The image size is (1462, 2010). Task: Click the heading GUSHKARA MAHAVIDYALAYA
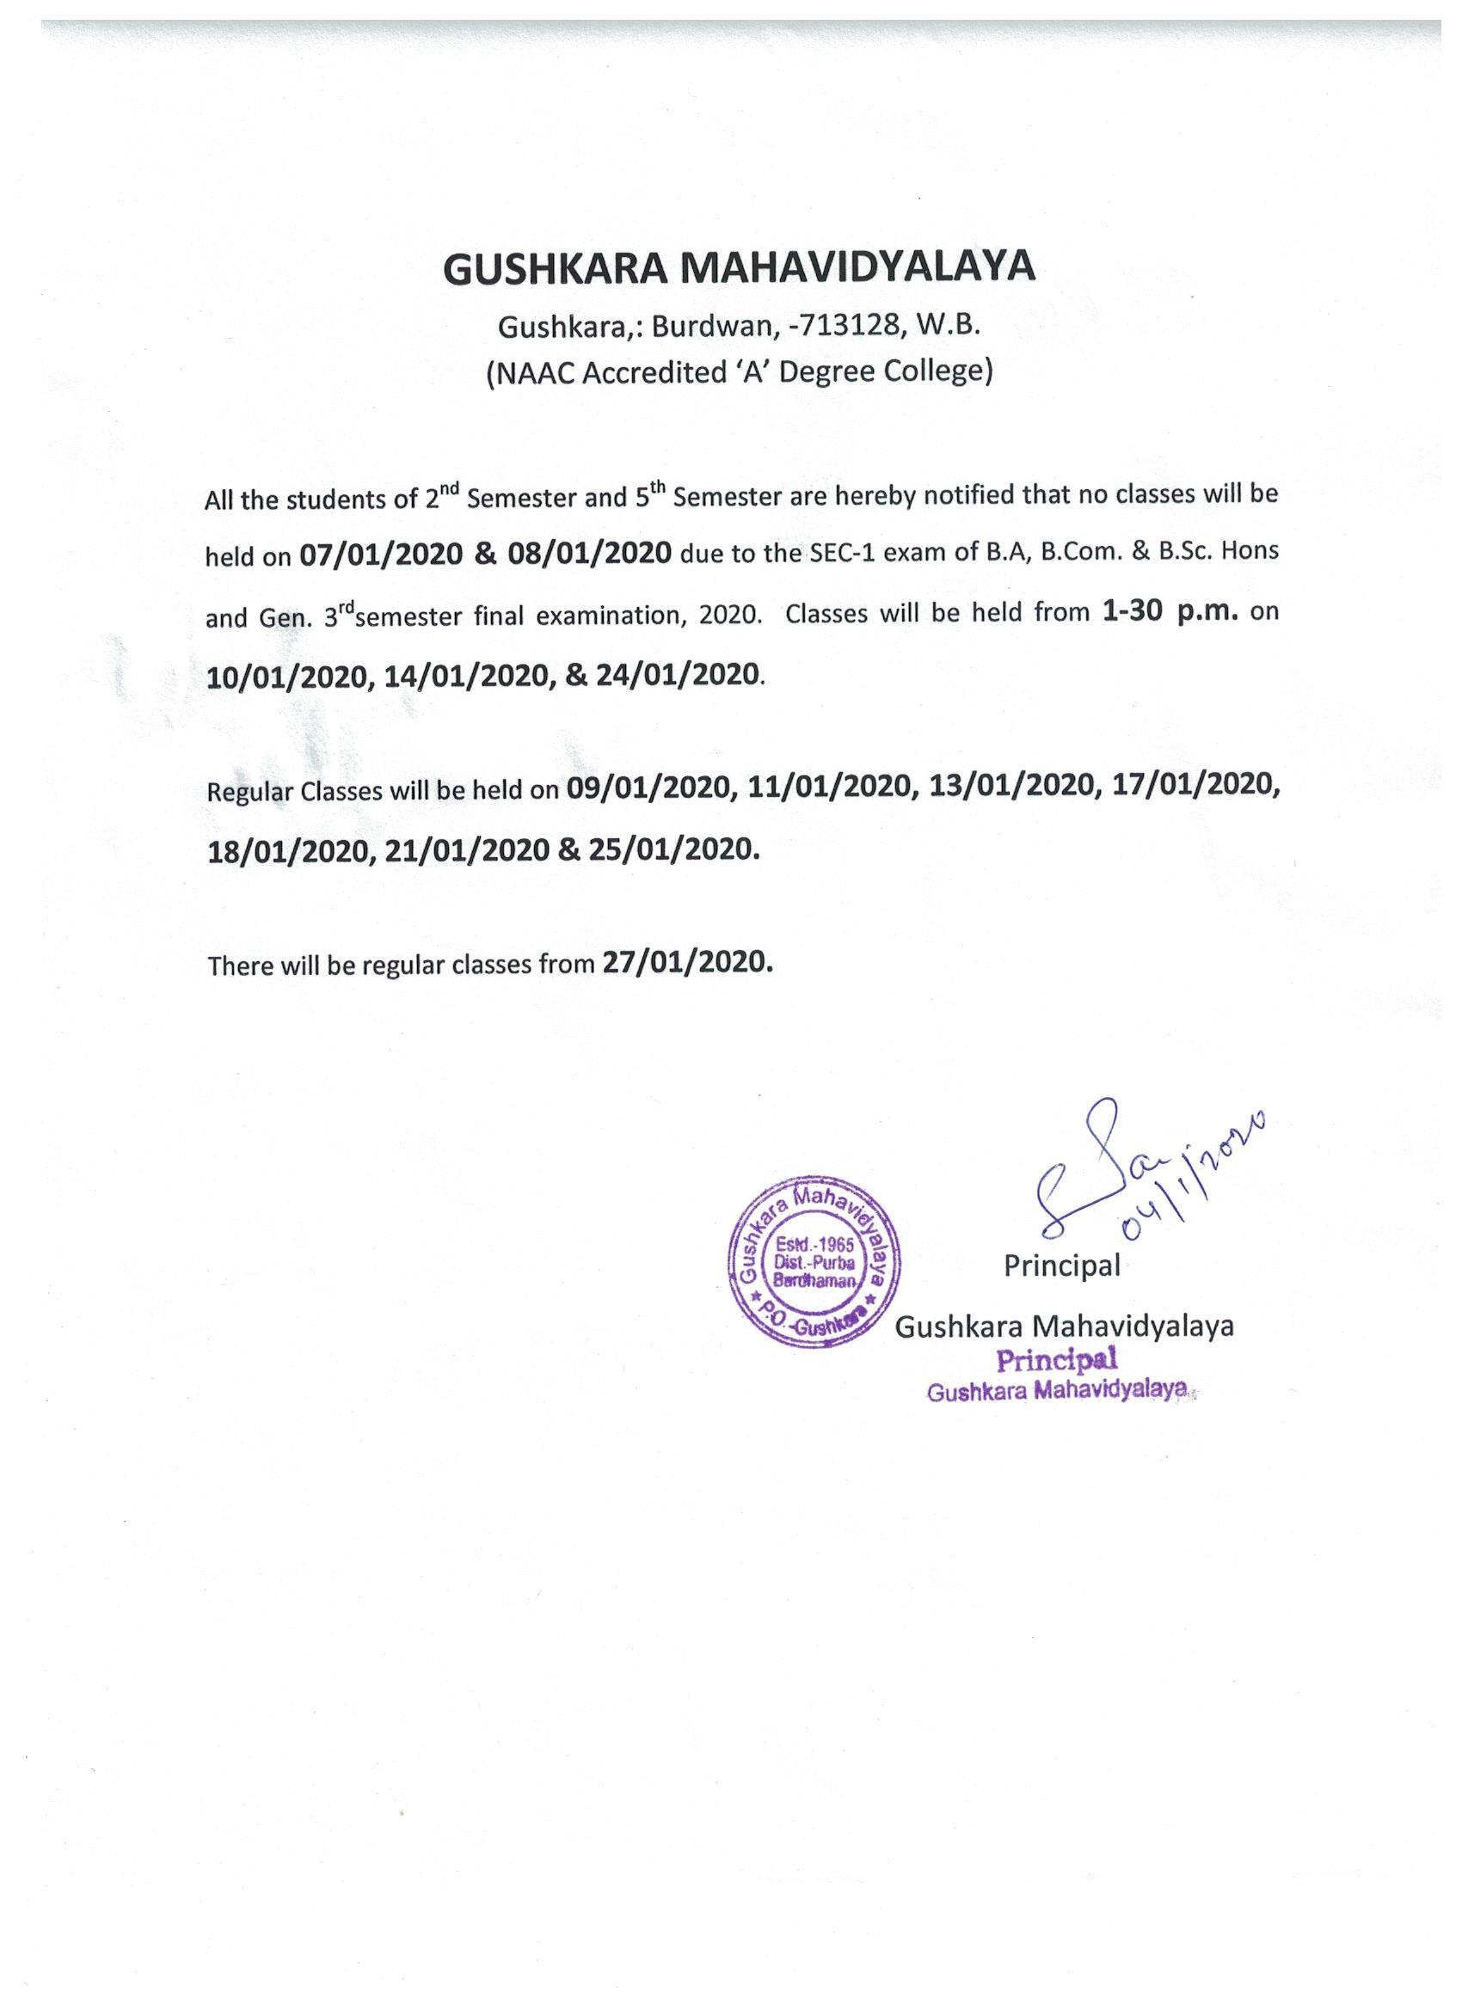point(739,267)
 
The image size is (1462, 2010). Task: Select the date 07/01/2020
point(381,555)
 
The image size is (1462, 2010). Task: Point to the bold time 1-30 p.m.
point(1170,611)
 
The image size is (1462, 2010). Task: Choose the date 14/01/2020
point(467,676)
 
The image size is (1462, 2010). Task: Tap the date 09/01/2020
point(650,787)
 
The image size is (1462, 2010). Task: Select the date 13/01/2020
point(1010,786)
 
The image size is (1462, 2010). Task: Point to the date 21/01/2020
point(467,851)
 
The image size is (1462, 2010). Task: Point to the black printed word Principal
point(1061,1265)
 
